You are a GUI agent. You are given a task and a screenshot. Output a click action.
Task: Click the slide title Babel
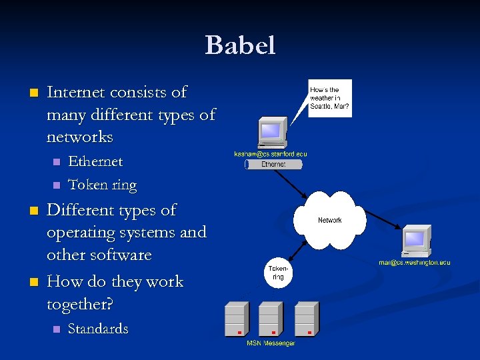pos(240,45)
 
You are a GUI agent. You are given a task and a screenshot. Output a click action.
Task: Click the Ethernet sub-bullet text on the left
pos(95,161)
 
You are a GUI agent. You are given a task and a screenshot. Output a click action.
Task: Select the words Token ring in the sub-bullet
pos(102,185)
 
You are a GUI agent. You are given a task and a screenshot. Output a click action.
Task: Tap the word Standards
pos(98,329)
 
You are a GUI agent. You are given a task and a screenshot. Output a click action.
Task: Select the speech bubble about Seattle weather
pos(330,98)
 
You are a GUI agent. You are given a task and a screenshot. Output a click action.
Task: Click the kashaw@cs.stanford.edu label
pos(271,154)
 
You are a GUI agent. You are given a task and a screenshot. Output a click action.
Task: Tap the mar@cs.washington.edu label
pos(415,263)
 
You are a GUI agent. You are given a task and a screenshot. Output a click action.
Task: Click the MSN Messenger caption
pos(271,343)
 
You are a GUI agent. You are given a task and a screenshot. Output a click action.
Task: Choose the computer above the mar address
pos(417,241)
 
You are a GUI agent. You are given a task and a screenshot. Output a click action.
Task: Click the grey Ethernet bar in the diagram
pos(273,164)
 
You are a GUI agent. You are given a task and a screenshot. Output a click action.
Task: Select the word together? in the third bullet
pos(80,304)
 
